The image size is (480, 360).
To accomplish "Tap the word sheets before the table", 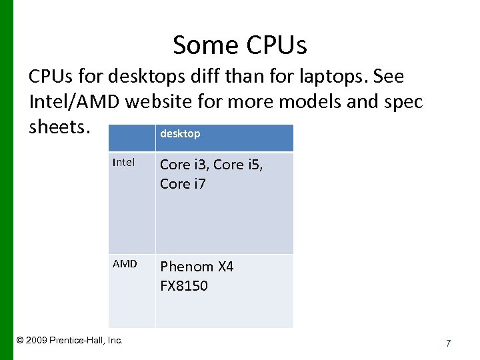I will click(x=58, y=127).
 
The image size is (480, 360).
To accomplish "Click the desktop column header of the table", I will click(x=180, y=134).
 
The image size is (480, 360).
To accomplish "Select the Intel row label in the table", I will click(x=123, y=162).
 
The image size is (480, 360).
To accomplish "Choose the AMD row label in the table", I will click(x=125, y=264).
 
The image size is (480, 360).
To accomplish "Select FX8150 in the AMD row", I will click(x=183, y=286).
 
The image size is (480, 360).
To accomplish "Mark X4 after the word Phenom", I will click(x=225, y=267).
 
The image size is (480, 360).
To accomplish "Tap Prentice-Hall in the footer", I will click(x=79, y=341).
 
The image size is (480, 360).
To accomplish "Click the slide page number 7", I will click(x=448, y=343).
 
